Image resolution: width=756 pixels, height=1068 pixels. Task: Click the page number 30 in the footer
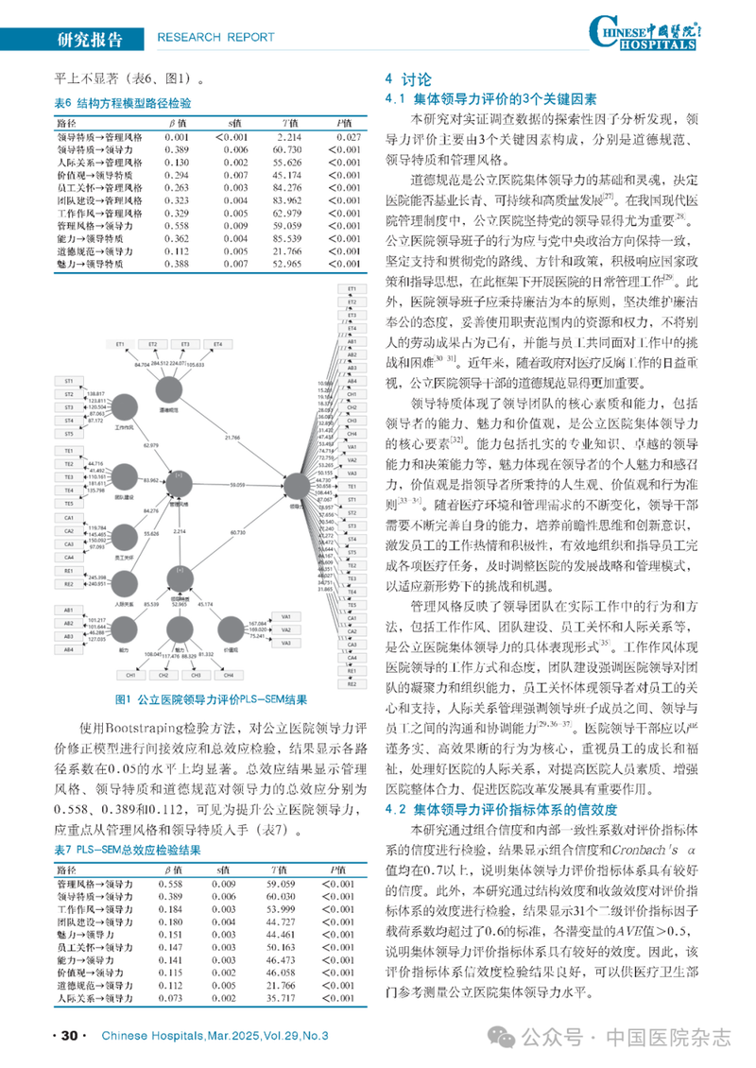(x=67, y=1036)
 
